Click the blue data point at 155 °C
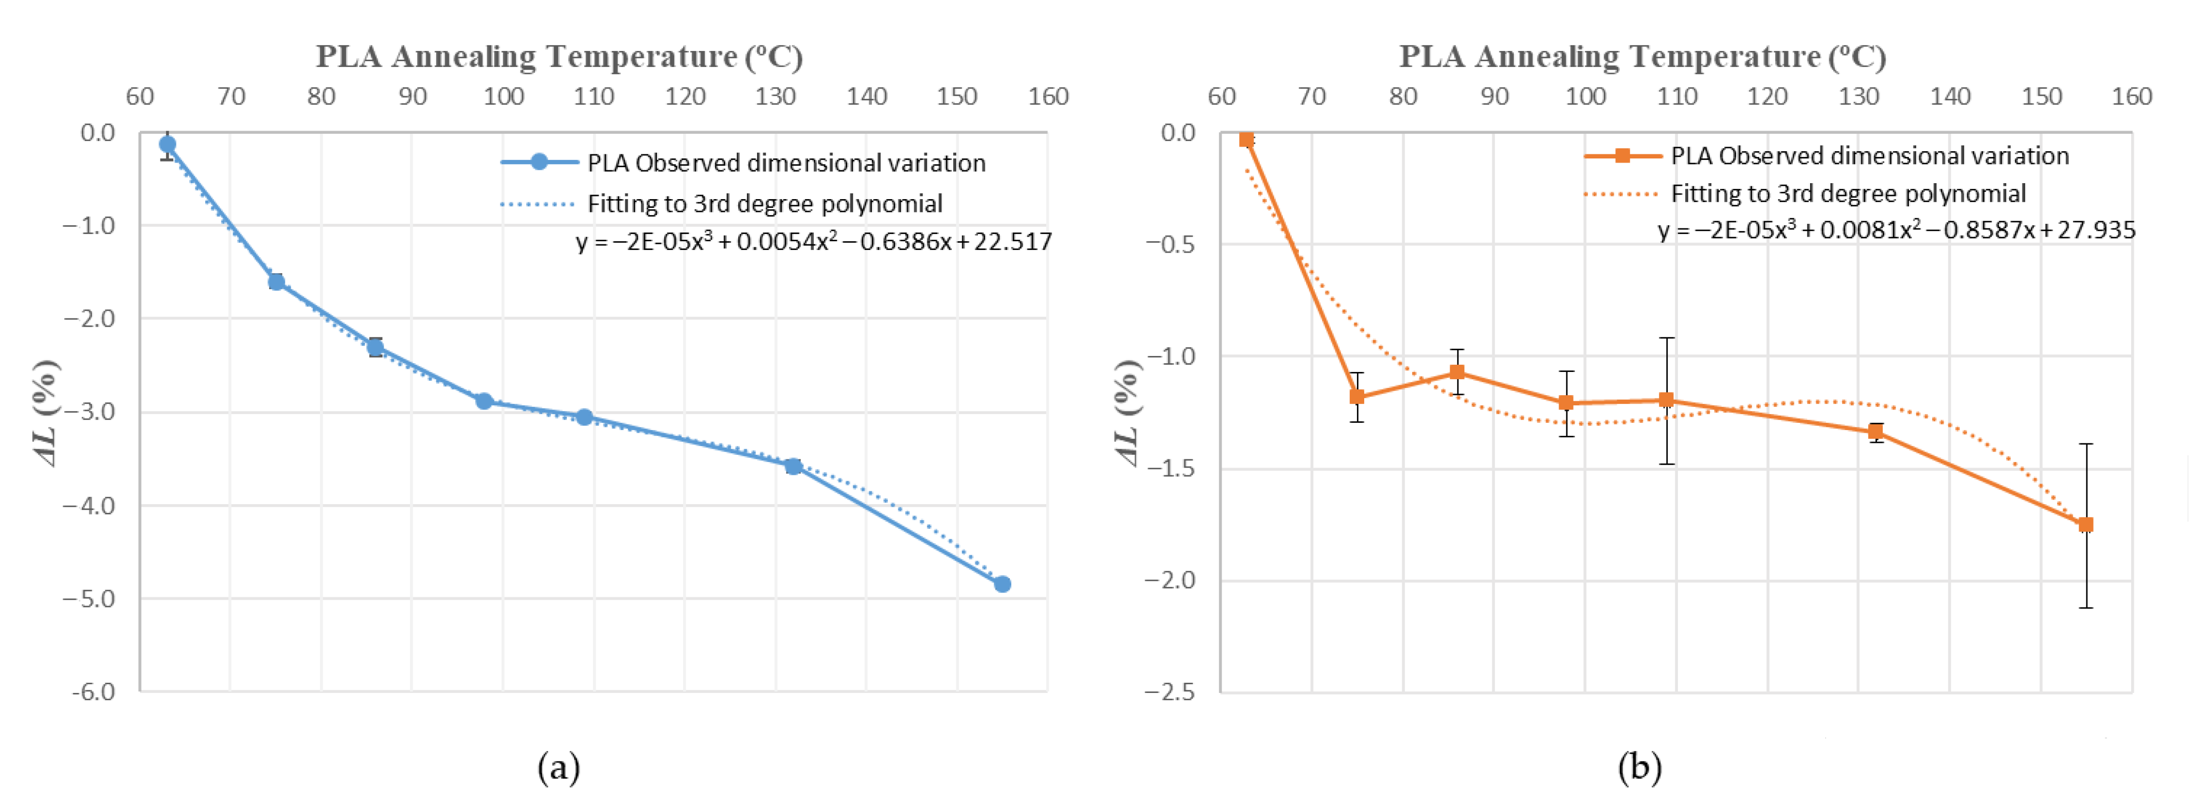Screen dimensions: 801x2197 (x=1002, y=584)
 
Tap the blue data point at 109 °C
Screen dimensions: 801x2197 (x=584, y=417)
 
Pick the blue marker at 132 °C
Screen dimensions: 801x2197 (x=793, y=467)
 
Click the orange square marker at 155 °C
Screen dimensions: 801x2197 (x=2085, y=525)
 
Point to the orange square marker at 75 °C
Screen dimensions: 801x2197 (x=1356, y=397)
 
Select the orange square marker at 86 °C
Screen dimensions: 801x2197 (x=1457, y=372)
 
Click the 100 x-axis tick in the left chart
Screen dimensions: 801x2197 (x=503, y=96)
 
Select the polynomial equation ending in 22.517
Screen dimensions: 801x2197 (x=814, y=242)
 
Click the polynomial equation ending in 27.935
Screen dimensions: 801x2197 (x=1896, y=230)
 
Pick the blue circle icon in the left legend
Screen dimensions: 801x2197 (x=539, y=162)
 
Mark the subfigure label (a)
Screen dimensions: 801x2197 (x=559, y=768)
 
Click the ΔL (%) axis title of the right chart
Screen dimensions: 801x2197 (x=1127, y=413)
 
